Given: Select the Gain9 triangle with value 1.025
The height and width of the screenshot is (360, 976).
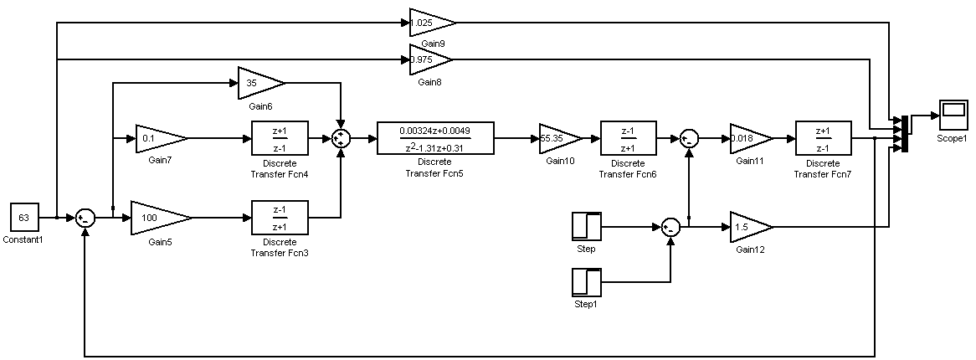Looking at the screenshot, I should pyautogui.click(x=429, y=23).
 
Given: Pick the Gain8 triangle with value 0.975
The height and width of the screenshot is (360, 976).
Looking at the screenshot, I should pyautogui.click(x=428, y=59).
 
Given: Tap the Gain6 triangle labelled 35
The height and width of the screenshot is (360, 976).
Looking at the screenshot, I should pyautogui.click(x=258, y=83).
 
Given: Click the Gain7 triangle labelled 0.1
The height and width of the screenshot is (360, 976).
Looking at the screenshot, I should pyautogui.click(x=158, y=138).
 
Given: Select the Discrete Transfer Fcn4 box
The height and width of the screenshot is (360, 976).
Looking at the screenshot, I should pyautogui.click(x=280, y=138).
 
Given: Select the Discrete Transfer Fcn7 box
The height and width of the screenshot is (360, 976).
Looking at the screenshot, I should pyautogui.click(x=822, y=138).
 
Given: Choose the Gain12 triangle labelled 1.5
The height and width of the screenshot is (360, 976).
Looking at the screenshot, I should pyautogui.click(x=748, y=226).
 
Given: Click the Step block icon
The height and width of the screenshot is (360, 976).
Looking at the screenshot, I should pyautogui.click(x=585, y=226).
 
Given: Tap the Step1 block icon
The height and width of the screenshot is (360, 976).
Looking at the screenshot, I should pyautogui.click(x=585, y=281).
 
